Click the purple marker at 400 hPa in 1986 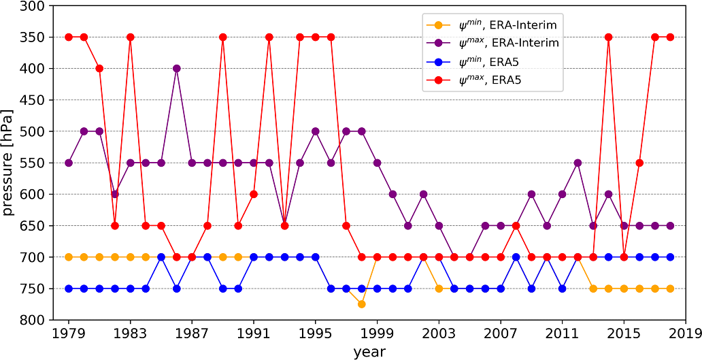[177, 68]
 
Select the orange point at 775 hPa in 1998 [362, 304]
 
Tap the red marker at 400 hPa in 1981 [99, 68]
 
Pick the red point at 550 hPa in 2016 [639, 163]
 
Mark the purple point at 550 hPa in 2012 [578, 163]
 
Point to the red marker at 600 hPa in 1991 [254, 194]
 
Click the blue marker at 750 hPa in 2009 [531, 289]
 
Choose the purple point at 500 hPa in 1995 [316, 131]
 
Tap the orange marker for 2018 [670, 289]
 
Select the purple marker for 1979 [69, 163]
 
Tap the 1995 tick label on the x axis [316, 334]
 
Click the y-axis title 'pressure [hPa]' [9, 163]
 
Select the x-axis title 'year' [369, 351]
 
